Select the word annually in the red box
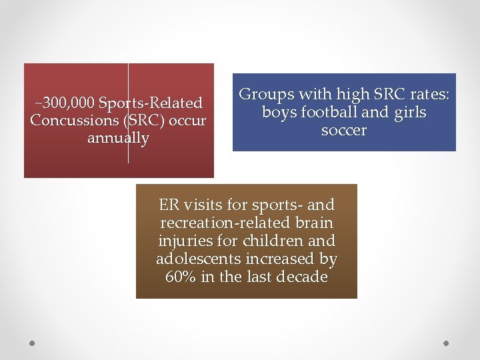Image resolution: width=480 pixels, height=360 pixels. (118, 139)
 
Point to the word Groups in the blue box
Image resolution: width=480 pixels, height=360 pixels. (265, 95)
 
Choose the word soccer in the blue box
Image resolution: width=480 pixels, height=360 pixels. (344, 131)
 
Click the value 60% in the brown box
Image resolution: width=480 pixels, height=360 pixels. (180, 277)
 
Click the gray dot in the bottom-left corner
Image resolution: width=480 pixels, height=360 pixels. (31, 343)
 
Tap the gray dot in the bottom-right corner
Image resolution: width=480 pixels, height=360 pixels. (447, 343)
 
